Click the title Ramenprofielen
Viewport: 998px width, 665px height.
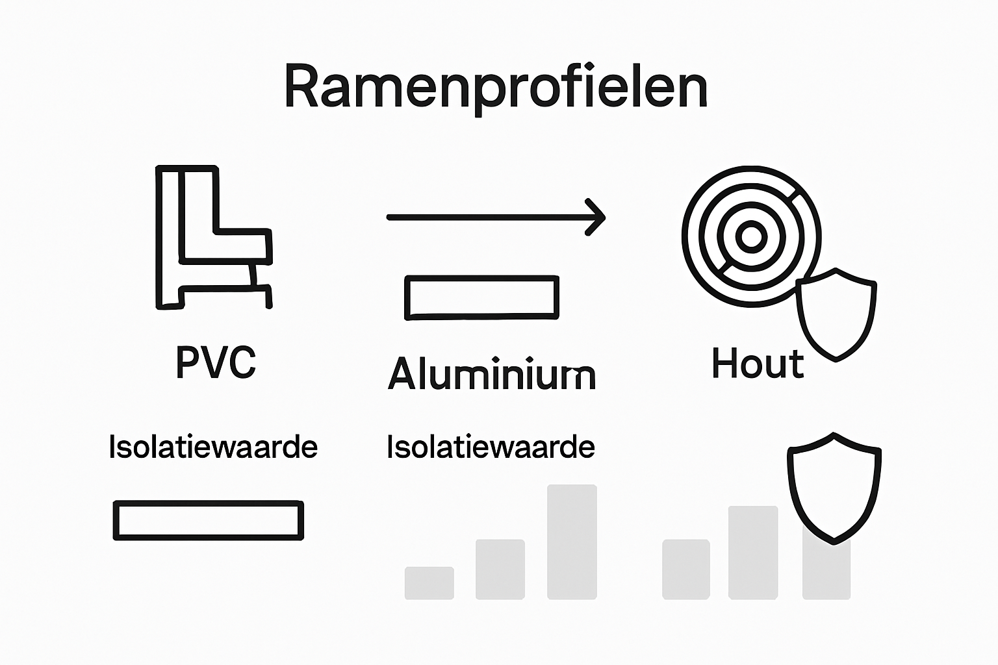pos(495,87)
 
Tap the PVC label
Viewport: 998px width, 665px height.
pos(216,362)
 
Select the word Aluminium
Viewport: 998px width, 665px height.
pos(491,374)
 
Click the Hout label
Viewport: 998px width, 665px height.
pos(758,363)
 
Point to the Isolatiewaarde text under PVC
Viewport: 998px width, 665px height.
pos(213,447)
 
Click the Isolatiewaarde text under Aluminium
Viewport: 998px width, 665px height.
pos(491,447)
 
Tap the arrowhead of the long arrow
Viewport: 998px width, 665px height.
pos(596,218)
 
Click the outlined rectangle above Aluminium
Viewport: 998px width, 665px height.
pos(481,297)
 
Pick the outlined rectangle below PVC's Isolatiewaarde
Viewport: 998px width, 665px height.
pos(208,520)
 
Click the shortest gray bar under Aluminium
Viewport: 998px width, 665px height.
pos(429,583)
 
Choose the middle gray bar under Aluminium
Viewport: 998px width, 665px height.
pos(500,569)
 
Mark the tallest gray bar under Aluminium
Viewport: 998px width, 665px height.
pos(572,542)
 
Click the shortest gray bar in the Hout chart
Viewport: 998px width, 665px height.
pos(685,569)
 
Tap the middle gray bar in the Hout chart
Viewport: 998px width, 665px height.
pos(752,552)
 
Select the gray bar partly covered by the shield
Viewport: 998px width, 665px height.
pos(826,571)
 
